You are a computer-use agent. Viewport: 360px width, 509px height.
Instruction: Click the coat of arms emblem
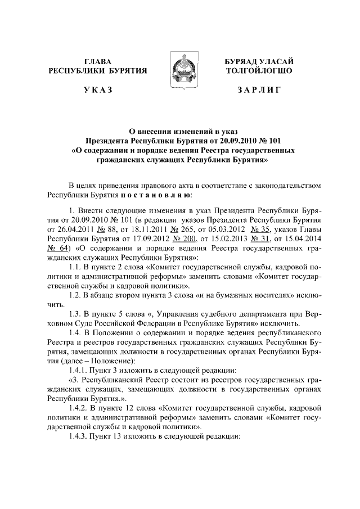(181, 69)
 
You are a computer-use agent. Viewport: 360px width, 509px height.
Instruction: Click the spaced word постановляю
(155, 195)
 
